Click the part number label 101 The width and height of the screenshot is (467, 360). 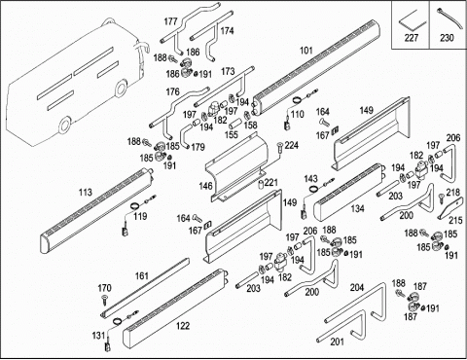[x=306, y=51]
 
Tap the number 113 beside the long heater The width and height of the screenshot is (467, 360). [x=86, y=193]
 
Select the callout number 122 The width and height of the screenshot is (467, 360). [x=183, y=326]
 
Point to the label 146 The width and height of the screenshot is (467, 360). [x=206, y=186]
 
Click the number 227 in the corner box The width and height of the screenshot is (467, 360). [x=411, y=38]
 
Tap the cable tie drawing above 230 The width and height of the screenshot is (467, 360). [x=446, y=19]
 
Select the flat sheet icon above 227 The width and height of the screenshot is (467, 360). [x=412, y=20]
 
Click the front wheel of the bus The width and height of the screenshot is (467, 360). [x=65, y=124]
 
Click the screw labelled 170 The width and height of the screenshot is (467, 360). [x=104, y=300]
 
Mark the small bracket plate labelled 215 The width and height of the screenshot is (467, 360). [x=449, y=209]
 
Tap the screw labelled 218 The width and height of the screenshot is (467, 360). [x=442, y=198]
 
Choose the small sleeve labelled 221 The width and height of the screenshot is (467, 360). [x=261, y=184]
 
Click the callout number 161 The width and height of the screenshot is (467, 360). [x=141, y=276]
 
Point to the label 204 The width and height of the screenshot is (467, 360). [x=357, y=287]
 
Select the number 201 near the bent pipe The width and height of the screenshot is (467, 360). [x=338, y=342]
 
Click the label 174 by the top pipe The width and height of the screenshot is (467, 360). [x=227, y=31]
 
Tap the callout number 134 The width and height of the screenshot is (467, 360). [x=357, y=208]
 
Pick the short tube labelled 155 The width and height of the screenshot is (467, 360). [x=235, y=125]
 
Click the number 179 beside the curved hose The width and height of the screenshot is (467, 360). [x=198, y=147]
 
